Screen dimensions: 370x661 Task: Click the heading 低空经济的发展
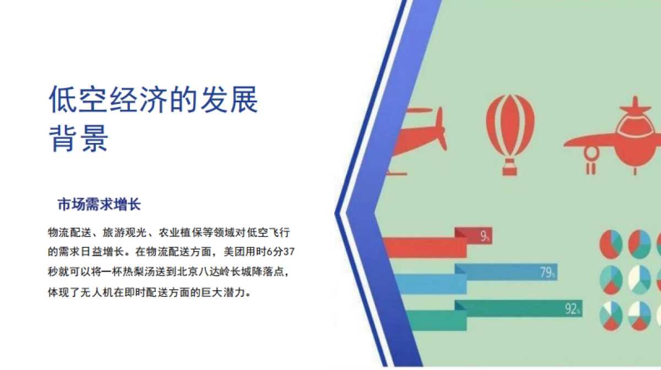(154, 100)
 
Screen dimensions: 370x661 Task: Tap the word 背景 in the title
(79, 139)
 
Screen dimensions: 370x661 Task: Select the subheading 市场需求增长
(99, 205)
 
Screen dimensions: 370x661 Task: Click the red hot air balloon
(510, 126)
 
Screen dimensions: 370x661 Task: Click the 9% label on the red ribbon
(485, 237)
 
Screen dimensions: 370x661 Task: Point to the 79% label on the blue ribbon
(548, 272)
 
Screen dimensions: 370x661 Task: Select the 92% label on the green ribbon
(572, 310)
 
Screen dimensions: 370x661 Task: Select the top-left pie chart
(610, 243)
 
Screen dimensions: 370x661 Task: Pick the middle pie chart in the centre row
(639, 279)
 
